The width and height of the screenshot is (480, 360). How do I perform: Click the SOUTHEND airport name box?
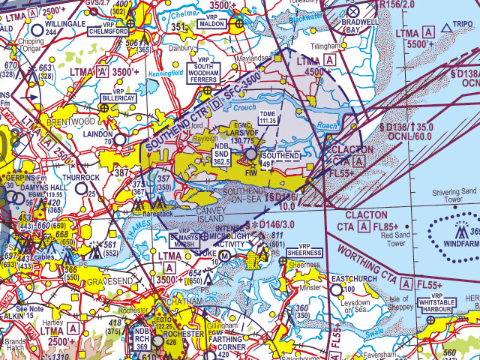tap(282, 155)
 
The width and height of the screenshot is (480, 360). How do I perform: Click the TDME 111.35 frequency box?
tap(267, 118)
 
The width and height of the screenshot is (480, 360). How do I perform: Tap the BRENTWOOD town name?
tap(70, 121)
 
